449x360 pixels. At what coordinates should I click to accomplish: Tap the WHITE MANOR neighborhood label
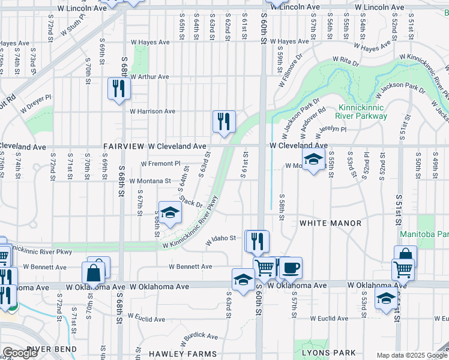pyautogui.click(x=331, y=223)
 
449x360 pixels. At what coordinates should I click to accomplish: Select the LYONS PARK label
pyautogui.click(x=328, y=353)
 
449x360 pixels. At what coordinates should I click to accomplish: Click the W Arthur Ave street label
pyautogui.click(x=149, y=77)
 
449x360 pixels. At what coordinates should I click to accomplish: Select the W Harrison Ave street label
pyautogui.click(x=153, y=111)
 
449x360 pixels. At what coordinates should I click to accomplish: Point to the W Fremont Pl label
pyautogui.click(x=160, y=163)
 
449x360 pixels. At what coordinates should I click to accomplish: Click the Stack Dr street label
pyautogui.click(x=191, y=200)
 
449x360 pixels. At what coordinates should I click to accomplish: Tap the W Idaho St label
pyautogui.click(x=221, y=239)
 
